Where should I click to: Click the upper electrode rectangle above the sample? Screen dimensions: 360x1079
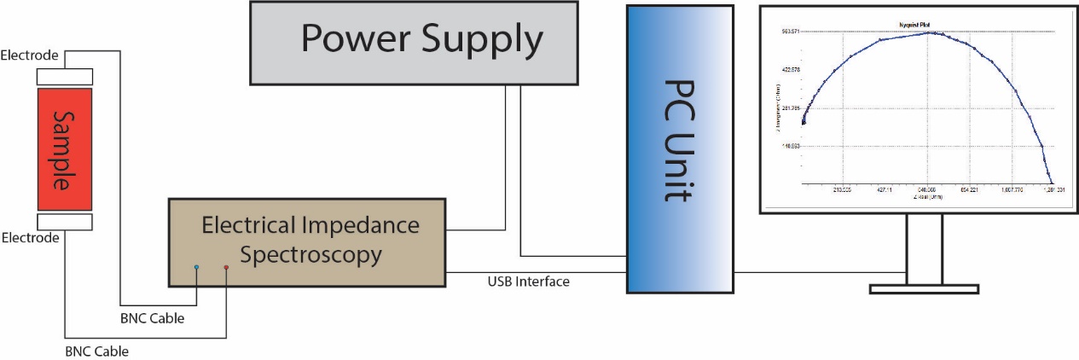coord(63,77)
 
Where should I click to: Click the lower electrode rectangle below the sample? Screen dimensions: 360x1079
coord(63,222)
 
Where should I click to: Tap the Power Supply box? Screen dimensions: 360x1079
coord(421,43)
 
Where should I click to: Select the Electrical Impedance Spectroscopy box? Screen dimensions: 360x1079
coord(307,241)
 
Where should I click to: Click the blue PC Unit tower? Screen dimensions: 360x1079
coord(680,149)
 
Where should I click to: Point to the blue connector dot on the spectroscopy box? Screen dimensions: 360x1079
coord(197,267)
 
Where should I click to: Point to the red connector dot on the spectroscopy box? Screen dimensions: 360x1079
coord(226,267)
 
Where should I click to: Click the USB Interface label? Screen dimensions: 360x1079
coord(528,282)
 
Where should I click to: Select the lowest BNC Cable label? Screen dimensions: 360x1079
coord(97,351)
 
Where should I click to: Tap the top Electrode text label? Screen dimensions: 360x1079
coord(30,56)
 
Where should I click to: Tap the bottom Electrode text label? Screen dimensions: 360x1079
coord(30,238)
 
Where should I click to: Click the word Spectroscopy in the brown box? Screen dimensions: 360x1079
coord(310,254)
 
